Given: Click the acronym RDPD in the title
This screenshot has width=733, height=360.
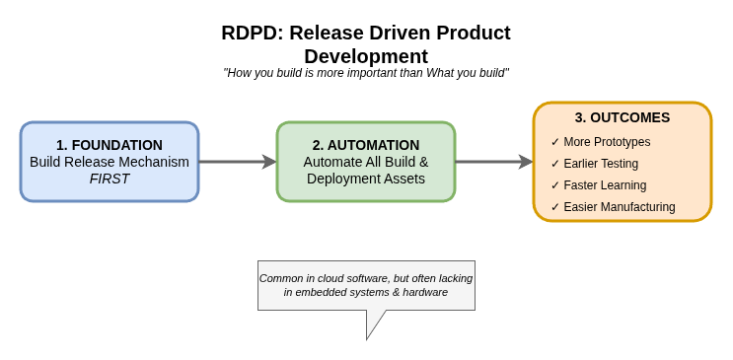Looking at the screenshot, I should point(249,33).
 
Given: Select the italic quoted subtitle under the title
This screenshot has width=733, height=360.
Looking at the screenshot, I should point(366,73).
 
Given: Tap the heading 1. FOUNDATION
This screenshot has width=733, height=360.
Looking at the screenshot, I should point(110,145).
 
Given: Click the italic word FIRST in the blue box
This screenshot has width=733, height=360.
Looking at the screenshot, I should point(110,179).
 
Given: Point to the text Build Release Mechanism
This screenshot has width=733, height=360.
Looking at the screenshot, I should point(110,162).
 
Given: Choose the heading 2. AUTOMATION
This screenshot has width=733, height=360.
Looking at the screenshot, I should point(366,145).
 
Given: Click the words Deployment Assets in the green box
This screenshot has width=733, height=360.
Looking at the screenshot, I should point(366,179).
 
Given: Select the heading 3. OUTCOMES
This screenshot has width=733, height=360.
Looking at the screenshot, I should point(623,117).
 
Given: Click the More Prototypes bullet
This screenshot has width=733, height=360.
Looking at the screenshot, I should point(607,142).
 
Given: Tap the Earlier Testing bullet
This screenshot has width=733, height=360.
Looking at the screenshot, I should point(601,164).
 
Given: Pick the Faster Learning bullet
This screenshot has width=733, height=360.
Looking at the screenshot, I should point(605,185).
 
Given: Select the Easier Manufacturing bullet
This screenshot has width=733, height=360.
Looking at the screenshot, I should point(620,207).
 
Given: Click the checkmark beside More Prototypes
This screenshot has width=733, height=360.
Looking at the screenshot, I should point(555,142).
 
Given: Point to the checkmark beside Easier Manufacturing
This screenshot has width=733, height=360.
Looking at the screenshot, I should point(555,207).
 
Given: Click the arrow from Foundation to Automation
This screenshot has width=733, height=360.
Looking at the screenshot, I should point(237,162).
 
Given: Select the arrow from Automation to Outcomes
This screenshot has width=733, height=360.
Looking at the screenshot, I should point(493,162).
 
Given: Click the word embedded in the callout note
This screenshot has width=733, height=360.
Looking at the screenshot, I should point(332,292).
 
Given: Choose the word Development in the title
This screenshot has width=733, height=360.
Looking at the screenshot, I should point(366,56).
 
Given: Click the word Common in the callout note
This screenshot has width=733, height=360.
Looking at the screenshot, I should point(281,278).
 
